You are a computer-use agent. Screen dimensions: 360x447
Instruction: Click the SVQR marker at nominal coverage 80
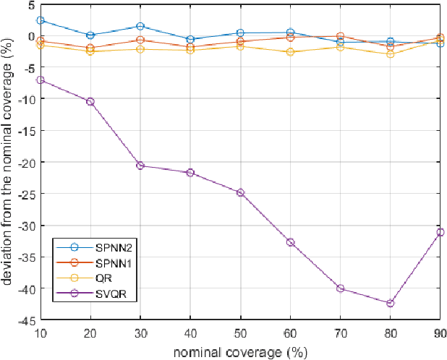[x=390, y=303]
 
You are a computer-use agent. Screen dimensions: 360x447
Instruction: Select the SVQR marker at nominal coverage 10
[x=41, y=80]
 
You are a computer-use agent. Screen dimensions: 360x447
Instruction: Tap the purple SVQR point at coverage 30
[x=140, y=166]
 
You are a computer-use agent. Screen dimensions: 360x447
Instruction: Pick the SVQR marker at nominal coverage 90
[x=440, y=232]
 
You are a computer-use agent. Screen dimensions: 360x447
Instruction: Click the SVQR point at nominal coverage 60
[x=290, y=242]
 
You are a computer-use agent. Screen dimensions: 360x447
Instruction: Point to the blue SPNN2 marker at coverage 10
[x=41, y=21]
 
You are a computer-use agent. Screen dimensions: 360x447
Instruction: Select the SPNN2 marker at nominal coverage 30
[x=140, y=26]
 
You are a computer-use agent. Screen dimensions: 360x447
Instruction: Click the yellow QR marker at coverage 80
[x=390, y=54]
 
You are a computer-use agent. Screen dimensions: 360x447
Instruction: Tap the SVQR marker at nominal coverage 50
[x=240, y=193]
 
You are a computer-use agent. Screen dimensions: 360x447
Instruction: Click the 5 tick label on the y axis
[x=31, y=4]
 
